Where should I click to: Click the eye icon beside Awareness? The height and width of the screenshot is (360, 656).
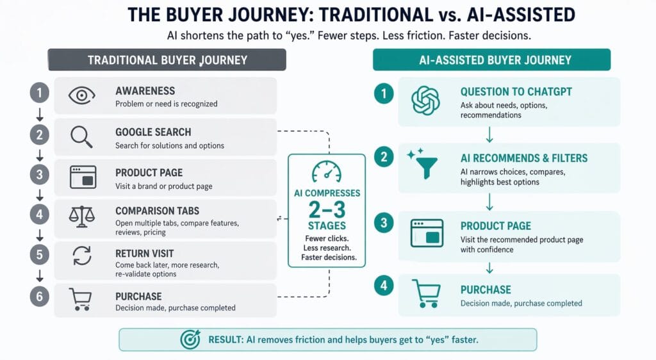tap(82, 96)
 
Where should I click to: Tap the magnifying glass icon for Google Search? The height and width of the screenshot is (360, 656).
tap(82, 136)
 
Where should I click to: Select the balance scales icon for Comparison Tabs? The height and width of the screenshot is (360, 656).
tap(82, 217)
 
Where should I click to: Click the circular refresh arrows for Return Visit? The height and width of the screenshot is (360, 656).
tap(82, 256)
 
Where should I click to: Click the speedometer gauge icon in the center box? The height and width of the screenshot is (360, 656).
tap(326, 172)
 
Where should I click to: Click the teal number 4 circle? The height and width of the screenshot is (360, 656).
tap(383, 287)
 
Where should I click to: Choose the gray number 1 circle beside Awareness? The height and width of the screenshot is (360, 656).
tap(39, 94)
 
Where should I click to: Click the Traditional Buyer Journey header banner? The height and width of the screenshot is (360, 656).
tap(167, 60)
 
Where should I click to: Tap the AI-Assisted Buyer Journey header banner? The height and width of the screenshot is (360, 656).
tap(491, 60)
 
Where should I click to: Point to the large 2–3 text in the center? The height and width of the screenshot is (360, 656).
tap(326, 209)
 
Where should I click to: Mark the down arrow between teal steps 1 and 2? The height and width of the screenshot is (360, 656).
tap(490, 135)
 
